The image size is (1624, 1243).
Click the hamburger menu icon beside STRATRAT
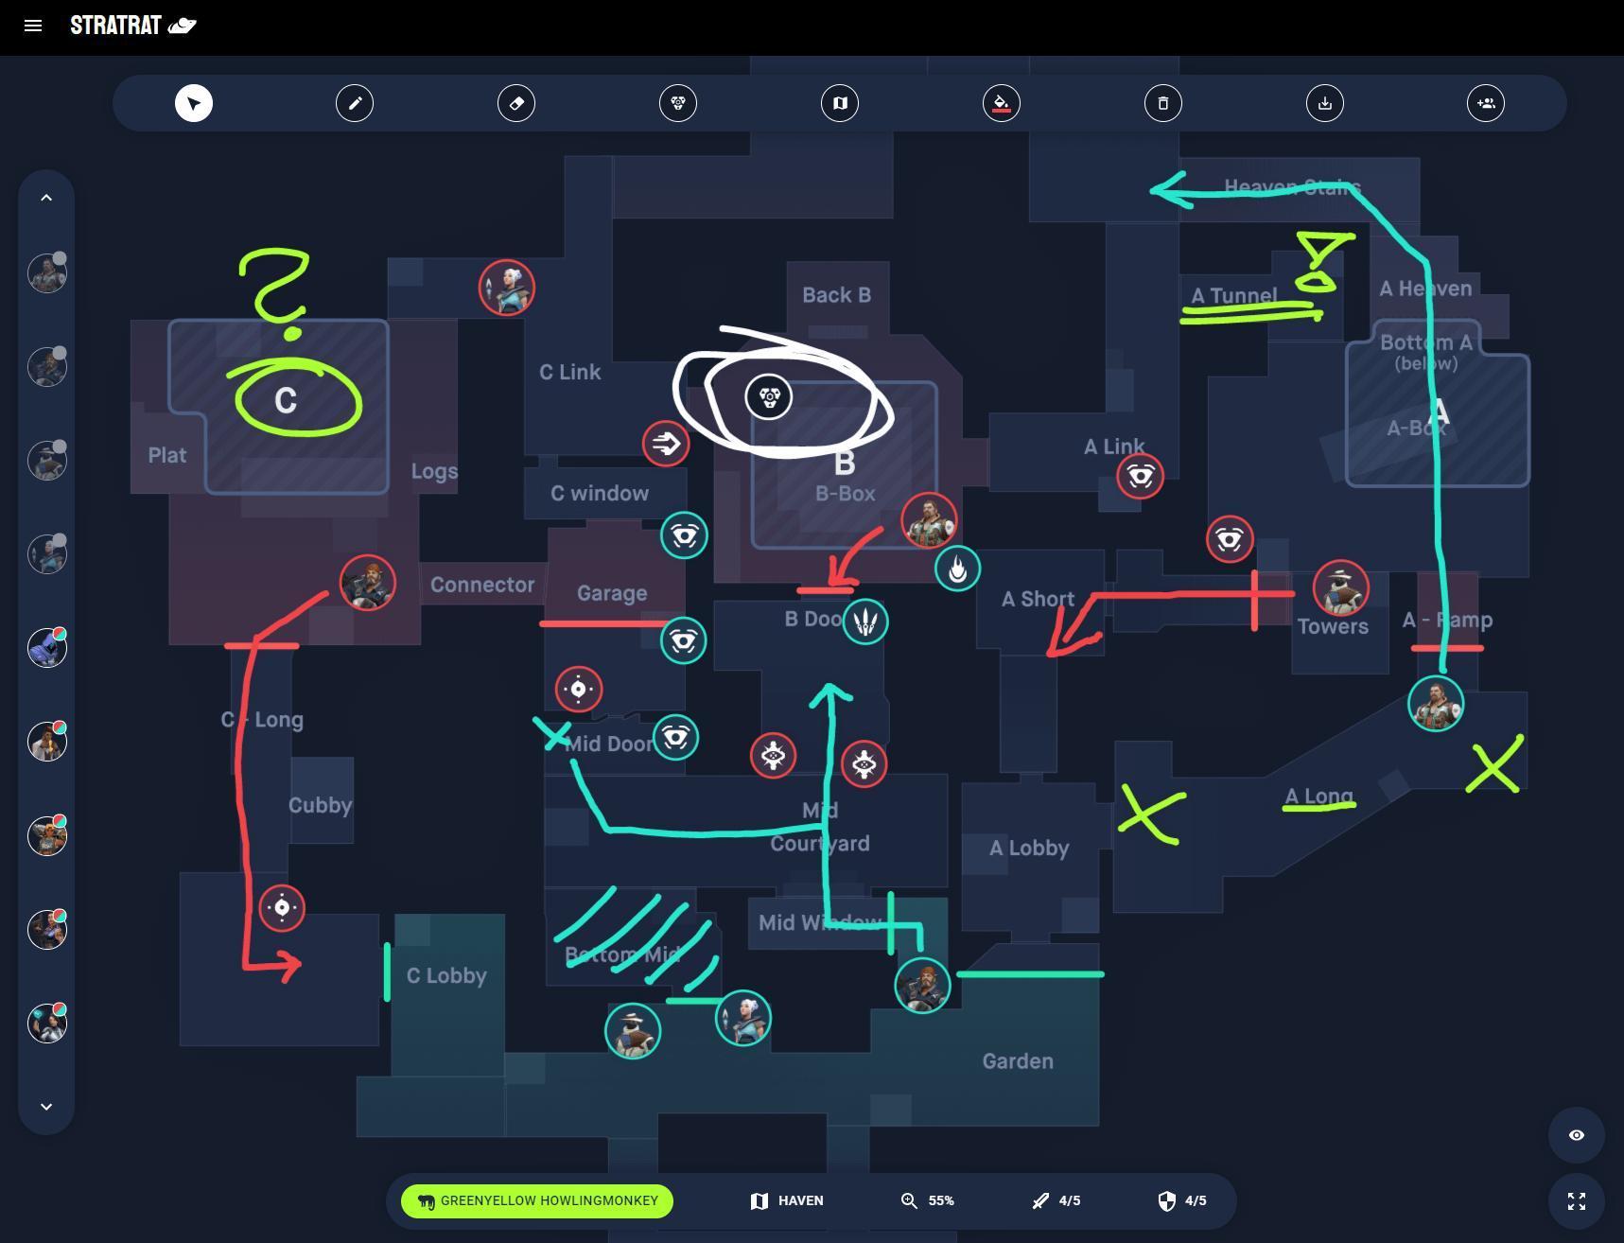pos(33,26)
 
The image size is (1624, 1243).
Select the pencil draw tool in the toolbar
pos(355,103)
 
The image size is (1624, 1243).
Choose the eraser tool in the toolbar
pos(516,103)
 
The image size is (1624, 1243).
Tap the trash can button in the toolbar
pos(1163,103)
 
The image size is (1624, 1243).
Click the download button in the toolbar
pos(1325,103)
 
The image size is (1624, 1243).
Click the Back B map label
pos(836,295)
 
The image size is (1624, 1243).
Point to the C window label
pos(600,493)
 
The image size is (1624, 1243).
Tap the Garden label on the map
pos(1018,1061)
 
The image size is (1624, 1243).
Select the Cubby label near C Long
pos(320,805)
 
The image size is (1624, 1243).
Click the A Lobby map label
pos(1029,848)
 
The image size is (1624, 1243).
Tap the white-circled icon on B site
pos(768,396)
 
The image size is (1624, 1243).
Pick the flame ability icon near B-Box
pos(957,569)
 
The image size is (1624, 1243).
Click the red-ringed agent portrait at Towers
pos(1340,587)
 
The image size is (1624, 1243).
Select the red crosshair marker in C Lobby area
pos(282,908)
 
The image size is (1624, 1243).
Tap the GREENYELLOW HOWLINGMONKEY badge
pos(537,1201)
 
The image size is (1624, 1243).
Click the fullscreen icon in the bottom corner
pos(1576,1201)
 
